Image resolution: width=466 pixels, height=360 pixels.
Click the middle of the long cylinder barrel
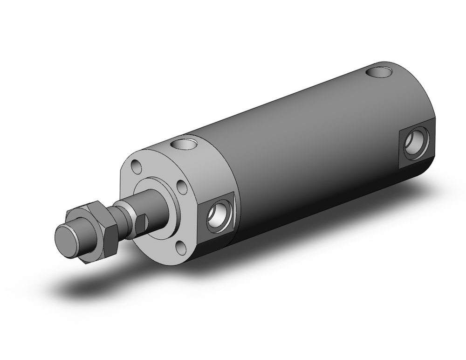click(308, 154)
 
